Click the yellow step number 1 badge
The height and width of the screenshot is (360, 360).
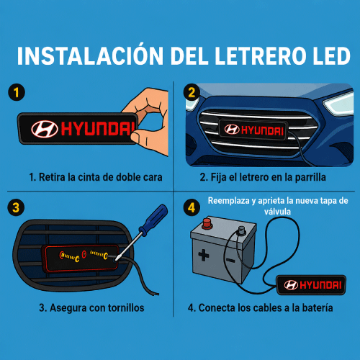(17, 92)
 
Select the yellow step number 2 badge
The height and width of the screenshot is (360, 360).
(192, 92)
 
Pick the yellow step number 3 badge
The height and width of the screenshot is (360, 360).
(16, 207)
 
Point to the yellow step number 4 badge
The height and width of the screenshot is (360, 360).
(192, 207)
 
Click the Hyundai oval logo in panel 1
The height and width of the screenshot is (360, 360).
(45, 129)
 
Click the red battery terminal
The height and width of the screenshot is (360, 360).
(207, 223)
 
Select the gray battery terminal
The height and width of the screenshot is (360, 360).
(241, 230)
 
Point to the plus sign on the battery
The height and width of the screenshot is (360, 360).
(204, 255)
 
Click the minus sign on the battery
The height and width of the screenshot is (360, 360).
(230, 260)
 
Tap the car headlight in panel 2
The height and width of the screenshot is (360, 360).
(339, 103)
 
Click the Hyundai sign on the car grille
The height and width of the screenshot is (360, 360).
(253, 130)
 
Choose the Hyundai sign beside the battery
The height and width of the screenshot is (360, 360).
(312, 285)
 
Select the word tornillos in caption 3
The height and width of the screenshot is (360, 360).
(126, 307)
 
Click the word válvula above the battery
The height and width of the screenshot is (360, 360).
(277, 212)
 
